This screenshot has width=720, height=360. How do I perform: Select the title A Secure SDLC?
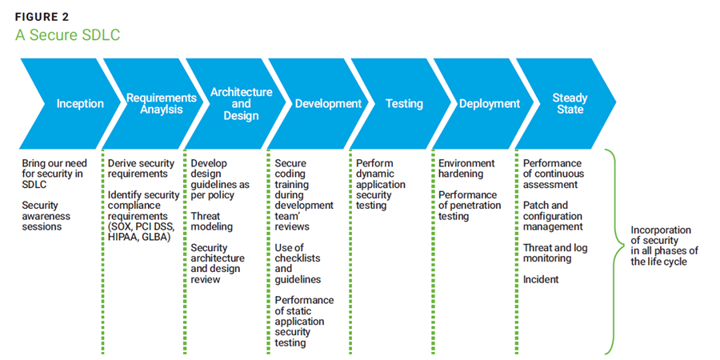point(67,36)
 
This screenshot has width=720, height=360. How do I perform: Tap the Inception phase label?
point(80,103)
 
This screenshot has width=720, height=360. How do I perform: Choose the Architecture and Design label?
point(241,104)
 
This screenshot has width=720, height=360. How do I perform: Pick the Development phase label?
point(328,103)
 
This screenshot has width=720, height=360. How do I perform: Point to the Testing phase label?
point(405,103)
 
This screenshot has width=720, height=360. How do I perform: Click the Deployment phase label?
point(490,103)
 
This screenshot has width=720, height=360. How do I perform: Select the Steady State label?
point(570,103)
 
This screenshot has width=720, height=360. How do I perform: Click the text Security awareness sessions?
point(46,216)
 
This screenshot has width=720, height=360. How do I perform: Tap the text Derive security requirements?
point(138,168)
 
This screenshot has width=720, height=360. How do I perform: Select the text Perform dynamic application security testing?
point(381,184)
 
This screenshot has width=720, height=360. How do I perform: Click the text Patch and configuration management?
point(553,216)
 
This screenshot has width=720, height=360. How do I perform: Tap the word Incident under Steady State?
point(542,279)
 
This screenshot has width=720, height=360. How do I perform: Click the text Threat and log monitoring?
point(555,253)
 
